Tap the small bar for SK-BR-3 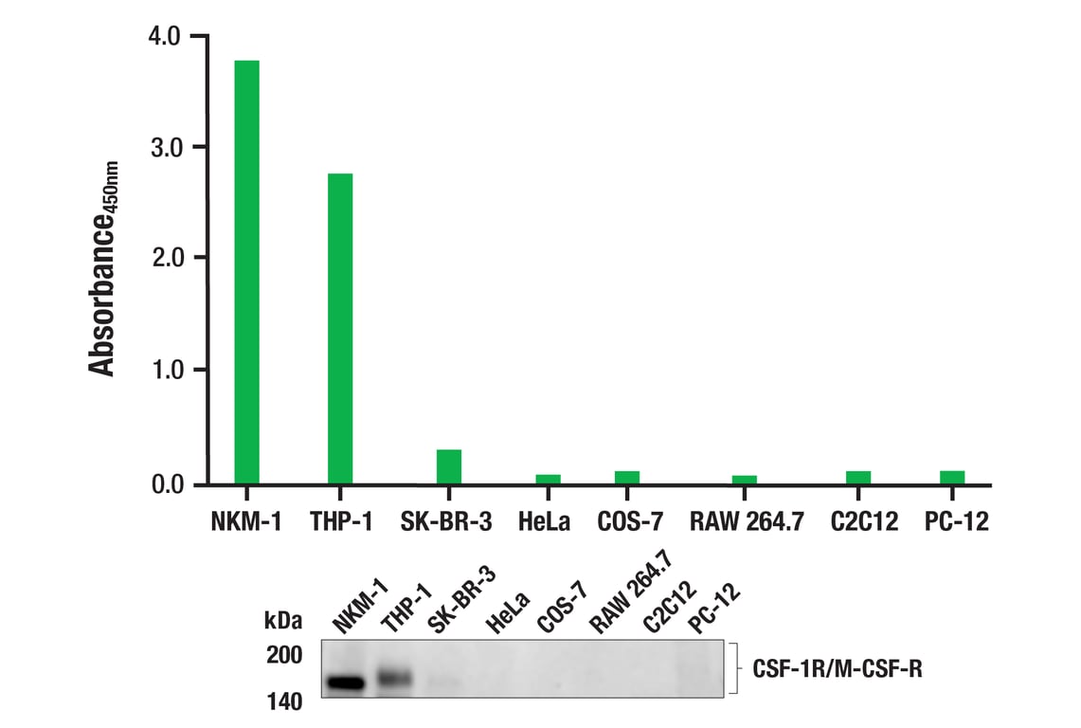tap(448, 466)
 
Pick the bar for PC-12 tap(952, 478)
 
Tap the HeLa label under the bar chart tap(543, 520)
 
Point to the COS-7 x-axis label tap(631, 520)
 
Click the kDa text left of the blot tap(284, 622)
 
